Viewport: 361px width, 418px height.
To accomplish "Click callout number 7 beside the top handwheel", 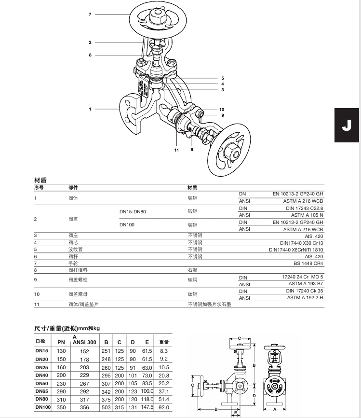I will pyautogui.click(x=90, y=14).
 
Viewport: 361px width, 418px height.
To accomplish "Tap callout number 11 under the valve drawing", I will pyautogui.click(x=176, y=150).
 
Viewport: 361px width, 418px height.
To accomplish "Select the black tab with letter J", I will pyautogui.click(x=347, y=125).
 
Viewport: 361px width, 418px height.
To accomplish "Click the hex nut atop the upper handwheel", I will pyautogui.click(x=158, y=17).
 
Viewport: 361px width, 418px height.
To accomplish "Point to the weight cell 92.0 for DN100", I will pyautogui.click(x=164, y=407).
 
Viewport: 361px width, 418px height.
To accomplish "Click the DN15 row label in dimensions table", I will pyautogui.click(x=42, y=351).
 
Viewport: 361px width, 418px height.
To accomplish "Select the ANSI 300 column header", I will pyautogui.click(x=84, y=341).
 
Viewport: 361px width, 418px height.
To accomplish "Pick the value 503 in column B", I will pyautogui.click(x=106, y=407).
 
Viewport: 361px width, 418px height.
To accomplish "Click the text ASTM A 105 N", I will pyautogui.click(x=307, y=215).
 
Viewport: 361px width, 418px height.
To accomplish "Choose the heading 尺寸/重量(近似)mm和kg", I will pyautogui.click(x=67, y=328).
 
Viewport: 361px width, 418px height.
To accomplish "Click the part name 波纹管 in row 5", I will pyautogui.click(x=74, y=250).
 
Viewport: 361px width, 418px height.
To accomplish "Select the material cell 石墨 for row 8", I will pyautogui.click(x=192, y=271).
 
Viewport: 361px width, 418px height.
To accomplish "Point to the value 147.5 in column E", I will pyautogui.click(x=147, y=407).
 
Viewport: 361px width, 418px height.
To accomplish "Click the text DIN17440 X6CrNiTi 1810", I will pyautogui.click(x=296, y=250).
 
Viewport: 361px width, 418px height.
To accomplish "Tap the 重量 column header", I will pyautogui.click(x=164, y=342).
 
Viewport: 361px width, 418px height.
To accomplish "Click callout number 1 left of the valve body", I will pyautogui.click(x=90, y=109).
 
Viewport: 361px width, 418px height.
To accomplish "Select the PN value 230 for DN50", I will pyautogui.click(x=61, y=384).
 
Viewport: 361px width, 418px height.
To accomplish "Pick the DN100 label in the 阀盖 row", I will pyautogui.click(x=127, y=225).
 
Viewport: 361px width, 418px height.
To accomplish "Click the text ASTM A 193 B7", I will pyautogui.click(x=306, y=284).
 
